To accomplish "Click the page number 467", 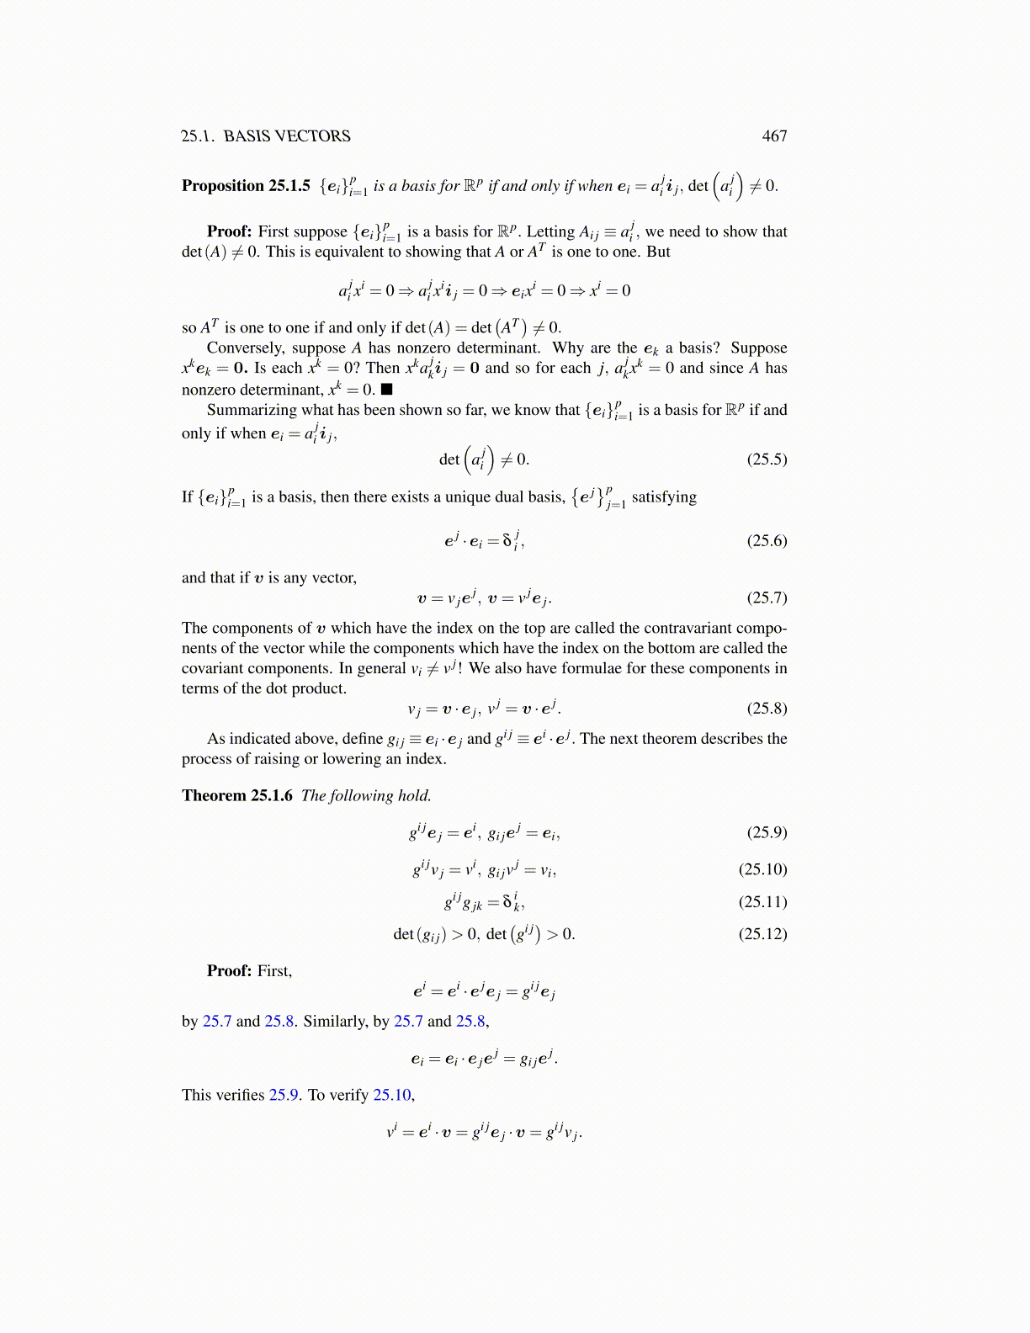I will pos(774,136).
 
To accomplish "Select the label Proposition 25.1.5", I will pos(246,186).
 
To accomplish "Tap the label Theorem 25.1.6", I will pos(237,796).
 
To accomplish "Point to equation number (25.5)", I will pos(767,459).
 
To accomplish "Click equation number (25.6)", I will pos(767,541).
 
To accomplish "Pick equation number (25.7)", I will pos(767,598).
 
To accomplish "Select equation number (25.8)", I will pos(767,709).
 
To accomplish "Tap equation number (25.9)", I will pos(767,833).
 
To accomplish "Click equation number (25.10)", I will pos(762,869).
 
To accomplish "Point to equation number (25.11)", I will pos(762,902).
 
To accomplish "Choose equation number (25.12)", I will pos(762,934).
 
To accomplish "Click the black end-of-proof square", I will pos(387,390).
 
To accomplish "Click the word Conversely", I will pos(246,348).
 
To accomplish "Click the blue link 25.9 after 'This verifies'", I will pos(284,1096).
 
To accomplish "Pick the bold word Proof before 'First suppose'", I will pos(229,232).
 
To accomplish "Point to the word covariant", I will pos(214,669).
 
